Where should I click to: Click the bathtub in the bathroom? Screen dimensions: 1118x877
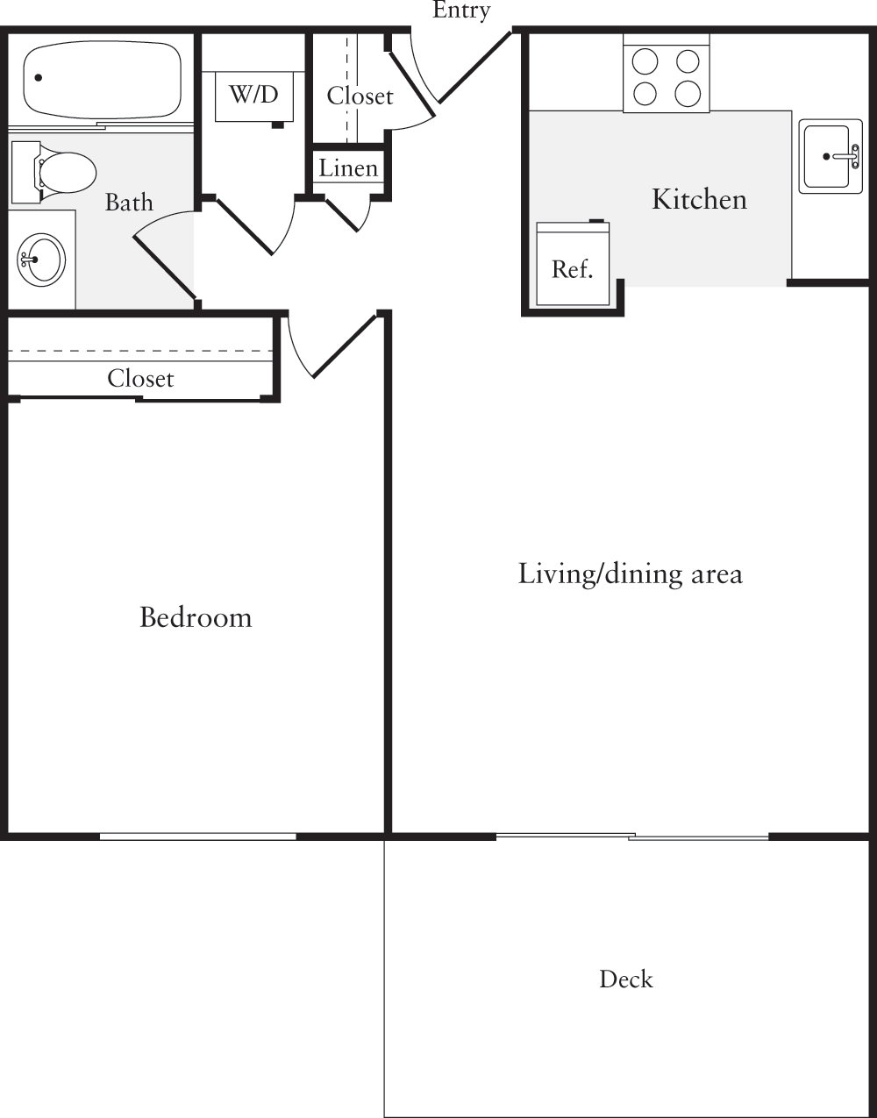pos(103,79)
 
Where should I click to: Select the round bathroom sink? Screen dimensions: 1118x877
pos(41,260)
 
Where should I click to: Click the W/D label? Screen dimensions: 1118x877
pos(253,95)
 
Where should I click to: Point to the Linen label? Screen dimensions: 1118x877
pos(348,168)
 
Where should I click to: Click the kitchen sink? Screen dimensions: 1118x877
pos(830,157)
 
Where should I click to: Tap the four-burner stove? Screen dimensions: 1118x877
pos(666,77)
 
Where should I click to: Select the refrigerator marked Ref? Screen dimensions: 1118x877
pos(573,265)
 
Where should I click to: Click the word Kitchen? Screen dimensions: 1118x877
pos(699,199)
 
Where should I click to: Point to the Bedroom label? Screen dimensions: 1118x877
pos(196,617)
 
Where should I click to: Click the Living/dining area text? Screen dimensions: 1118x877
pos(630,574)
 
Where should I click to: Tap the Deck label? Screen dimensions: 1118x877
pos(626,979)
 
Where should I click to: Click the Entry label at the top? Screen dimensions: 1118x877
pos(461,11)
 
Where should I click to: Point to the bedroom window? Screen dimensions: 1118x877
pos(197,837)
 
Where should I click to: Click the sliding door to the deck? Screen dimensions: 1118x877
pos(631,837)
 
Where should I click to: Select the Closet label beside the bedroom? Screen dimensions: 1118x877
pos(140,379)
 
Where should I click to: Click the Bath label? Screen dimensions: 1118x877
pos(129,203)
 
